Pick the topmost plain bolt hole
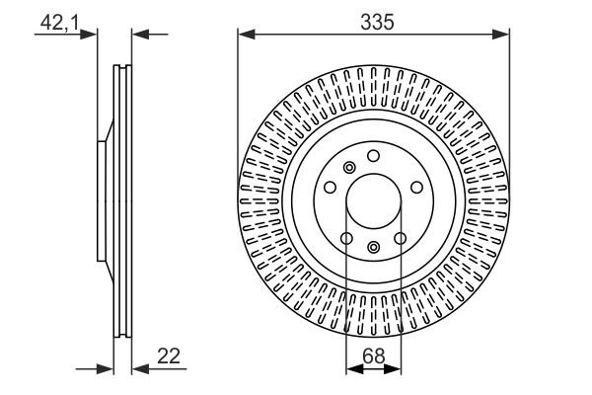click(x=373, y=155)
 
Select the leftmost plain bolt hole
click(x=329, y=187)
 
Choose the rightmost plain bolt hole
click(x=417, y=187)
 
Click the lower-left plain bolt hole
click(x=345, y=238)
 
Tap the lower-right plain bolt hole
click(x=401, y=238)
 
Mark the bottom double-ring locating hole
click(x=373, y=247)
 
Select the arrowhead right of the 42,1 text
click(x=92, y=36)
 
